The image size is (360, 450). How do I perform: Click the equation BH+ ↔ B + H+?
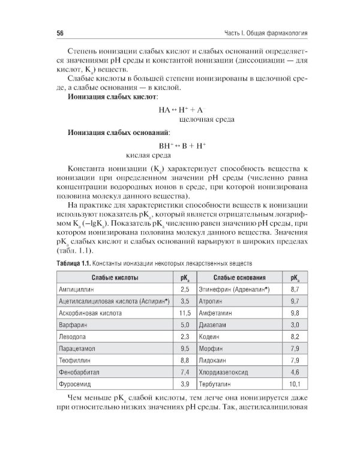tap(182, 145)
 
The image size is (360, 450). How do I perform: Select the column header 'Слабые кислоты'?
tap(115, 278)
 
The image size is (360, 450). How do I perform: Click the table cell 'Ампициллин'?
tap(74, 289)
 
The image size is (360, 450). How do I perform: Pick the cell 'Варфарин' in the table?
tap(71, 325)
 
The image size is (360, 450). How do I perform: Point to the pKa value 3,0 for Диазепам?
tap(295, 325)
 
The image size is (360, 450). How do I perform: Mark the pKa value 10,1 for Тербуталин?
tap(294, 383)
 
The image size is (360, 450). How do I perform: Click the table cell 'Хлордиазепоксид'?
tap(225, 371)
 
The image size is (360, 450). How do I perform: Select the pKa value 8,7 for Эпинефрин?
tap(295, 289)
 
